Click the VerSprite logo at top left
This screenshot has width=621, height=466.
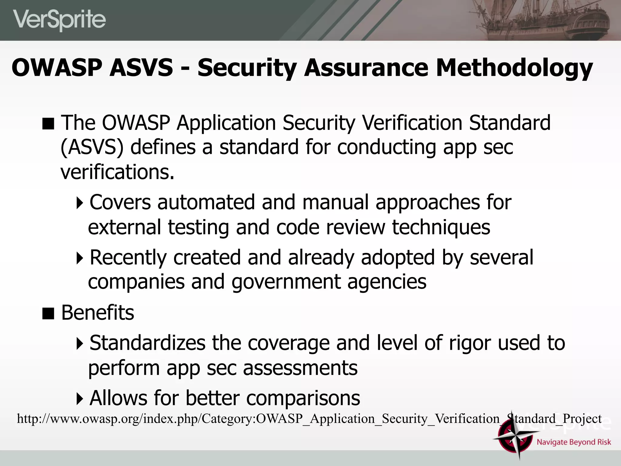(59, 20)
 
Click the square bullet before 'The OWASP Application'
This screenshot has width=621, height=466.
(48, 124)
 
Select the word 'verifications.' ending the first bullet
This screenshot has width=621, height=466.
(117, 172)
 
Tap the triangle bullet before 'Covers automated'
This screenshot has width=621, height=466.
(80, 203)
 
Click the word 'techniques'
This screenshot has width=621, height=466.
(441, 227)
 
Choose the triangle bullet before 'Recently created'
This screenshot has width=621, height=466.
(80, 258)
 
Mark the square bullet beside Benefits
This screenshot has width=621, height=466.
(48, 313)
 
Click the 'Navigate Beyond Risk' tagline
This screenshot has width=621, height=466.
(573, 442)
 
